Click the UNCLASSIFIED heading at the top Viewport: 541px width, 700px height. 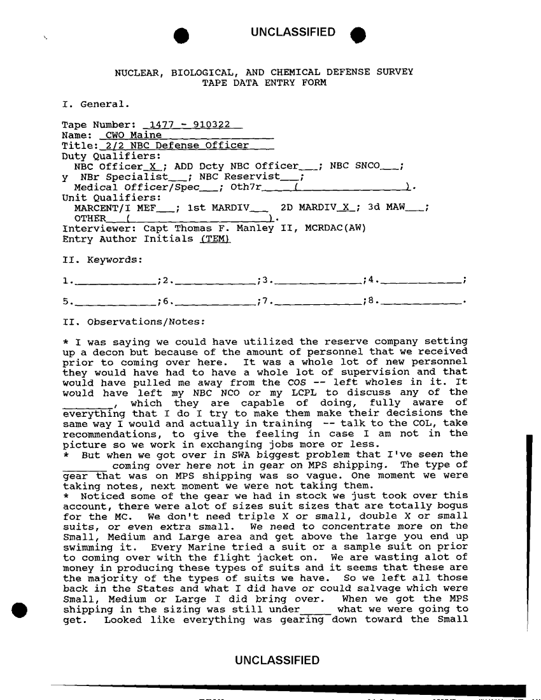(x=293, y=32)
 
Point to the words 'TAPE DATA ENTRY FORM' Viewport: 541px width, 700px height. (x=263, y=83)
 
